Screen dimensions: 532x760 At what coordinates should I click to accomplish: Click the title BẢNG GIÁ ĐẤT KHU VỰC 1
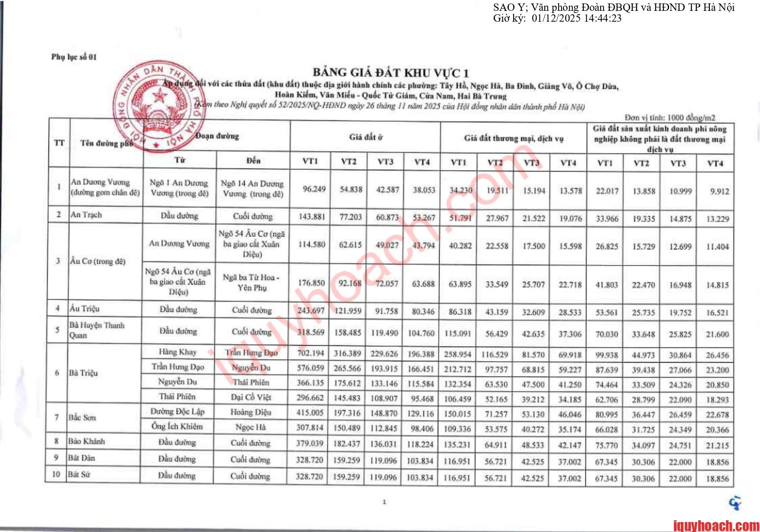tap(390, 72)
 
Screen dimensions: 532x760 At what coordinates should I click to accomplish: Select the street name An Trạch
tap(86, 214)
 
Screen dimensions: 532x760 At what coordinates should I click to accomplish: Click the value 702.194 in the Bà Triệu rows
tap(310, 353)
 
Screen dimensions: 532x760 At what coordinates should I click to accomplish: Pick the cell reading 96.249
tap(314, 189)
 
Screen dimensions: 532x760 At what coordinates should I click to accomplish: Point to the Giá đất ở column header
tap(365, 137)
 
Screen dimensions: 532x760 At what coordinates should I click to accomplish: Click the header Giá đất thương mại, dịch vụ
tap(514, 139)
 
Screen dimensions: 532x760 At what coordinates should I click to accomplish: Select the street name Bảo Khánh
tap(87, 441)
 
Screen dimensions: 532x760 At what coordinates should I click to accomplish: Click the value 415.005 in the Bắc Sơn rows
tap(310, 413)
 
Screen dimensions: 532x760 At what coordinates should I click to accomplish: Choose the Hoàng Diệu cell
tap(251, 412)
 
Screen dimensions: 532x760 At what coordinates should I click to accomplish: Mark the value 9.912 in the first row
tap(719, 191)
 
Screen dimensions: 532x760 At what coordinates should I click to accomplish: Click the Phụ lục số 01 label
tap(74, 57)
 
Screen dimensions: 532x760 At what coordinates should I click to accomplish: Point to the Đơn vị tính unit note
tap(669, 117)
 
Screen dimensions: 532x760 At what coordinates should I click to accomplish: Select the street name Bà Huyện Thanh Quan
tap(97, 330)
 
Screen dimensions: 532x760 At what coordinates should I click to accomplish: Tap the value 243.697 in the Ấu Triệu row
tap(310, 311)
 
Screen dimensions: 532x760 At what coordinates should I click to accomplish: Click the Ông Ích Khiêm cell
tap(177, 427)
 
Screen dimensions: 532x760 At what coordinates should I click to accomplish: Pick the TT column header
tap(59, 143)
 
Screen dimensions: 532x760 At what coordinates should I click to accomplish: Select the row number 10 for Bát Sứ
tap(56, 474)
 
